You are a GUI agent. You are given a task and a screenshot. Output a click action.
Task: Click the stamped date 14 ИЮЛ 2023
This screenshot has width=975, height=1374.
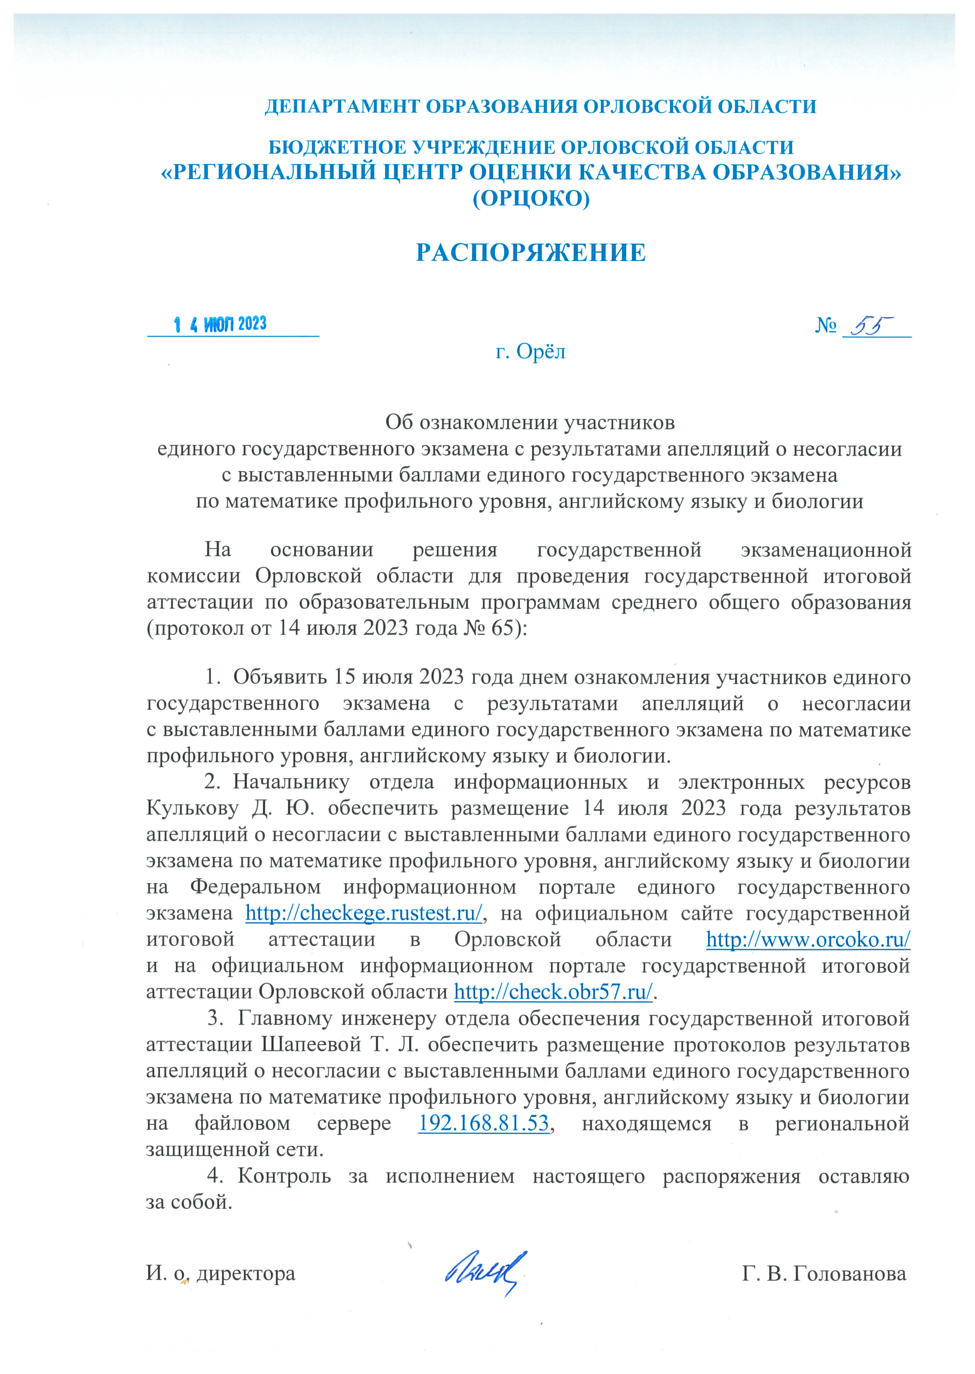click(x=220, y=325)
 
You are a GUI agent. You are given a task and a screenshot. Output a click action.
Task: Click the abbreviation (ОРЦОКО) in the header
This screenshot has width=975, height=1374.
click(x=531, y=198)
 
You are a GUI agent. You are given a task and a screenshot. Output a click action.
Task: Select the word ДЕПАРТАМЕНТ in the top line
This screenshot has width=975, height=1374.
click(x=342, y=107)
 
